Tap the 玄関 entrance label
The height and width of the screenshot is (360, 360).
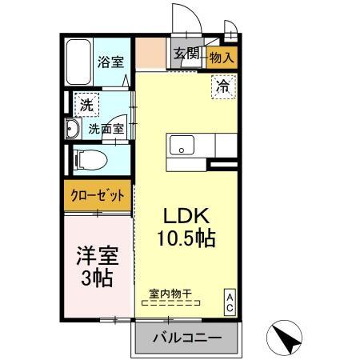coord(186,54)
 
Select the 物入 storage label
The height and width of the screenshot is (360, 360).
coord(221,57)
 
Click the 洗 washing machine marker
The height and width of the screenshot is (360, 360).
coord(85,103)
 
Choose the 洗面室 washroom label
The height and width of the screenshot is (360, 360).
coord(106,128)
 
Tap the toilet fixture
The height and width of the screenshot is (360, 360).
coord(89,158)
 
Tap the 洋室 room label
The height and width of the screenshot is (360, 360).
coord(97,258)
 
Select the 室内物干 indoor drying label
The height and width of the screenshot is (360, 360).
coord(171,294)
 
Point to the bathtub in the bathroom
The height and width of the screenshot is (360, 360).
coord(79,61)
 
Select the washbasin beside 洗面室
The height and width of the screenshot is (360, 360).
coord(70,130)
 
